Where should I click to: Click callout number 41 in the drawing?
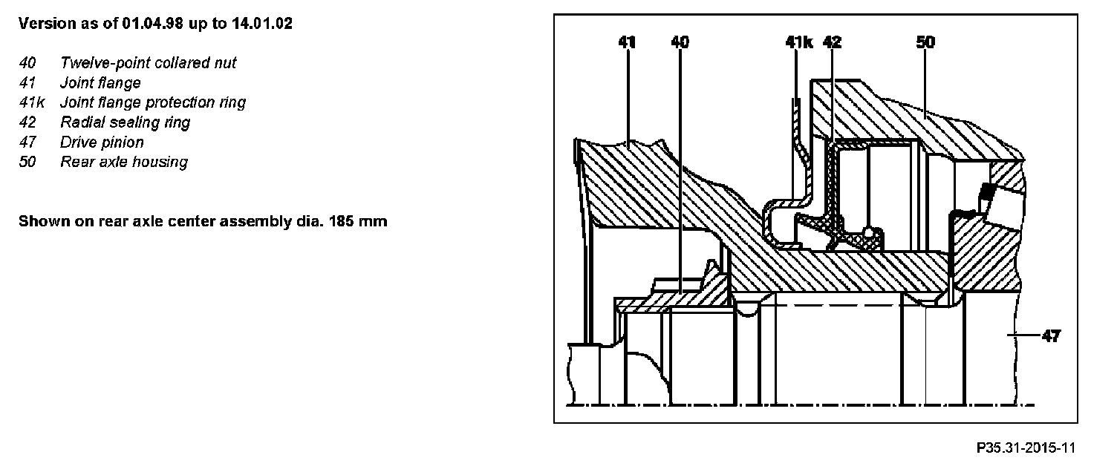(x=628, y=43)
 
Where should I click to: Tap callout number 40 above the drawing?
(x=680, y=43)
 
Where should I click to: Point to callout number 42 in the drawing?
(x=833, y=43)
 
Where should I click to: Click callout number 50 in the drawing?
(x=925, y=43)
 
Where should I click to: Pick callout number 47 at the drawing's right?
(x=1051, y=336)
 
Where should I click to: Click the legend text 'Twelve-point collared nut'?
(x=149, y=63)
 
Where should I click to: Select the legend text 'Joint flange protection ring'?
(x=153, y=102)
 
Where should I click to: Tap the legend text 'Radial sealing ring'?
(x=125, y=122)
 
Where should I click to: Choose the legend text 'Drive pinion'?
(x=102, y=142)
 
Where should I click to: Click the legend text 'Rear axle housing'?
(x=124, y=162)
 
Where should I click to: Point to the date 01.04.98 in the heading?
(x=153, y=24)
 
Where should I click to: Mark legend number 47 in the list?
(x=27, y=142)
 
